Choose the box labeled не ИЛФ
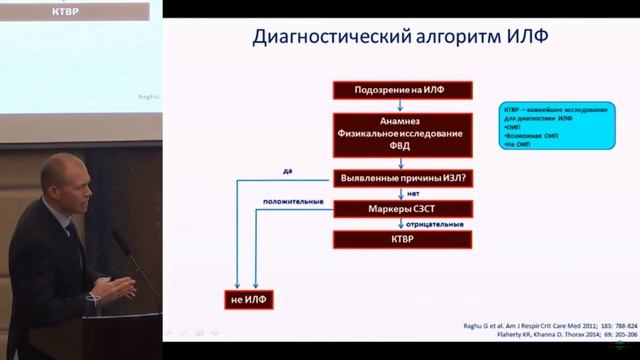(246, 299)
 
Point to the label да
(288, 171)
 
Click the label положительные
(292, 202)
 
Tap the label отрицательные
(435, 224)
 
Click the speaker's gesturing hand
(122, 289)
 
